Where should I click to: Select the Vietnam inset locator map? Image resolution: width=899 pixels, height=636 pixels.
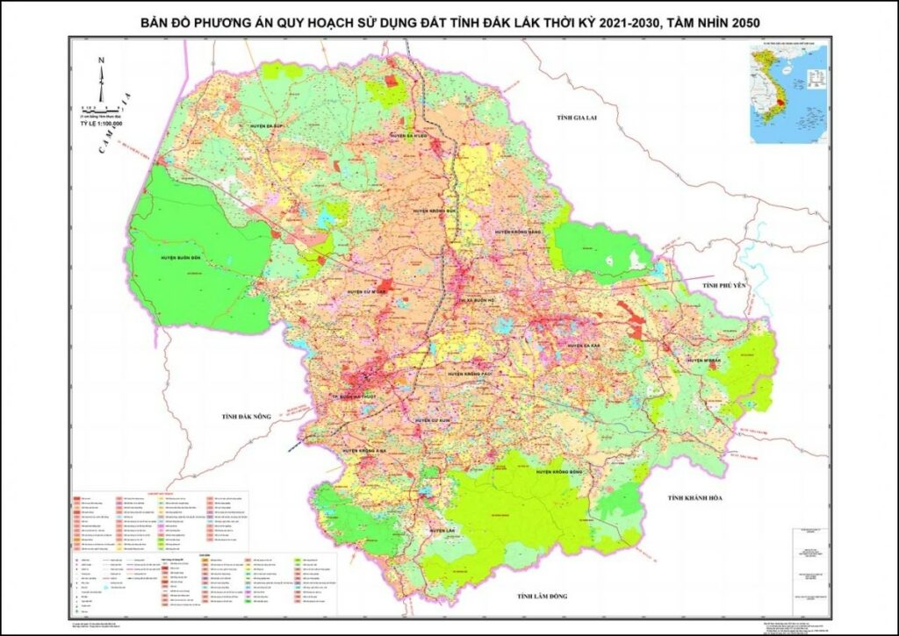coord(788,94)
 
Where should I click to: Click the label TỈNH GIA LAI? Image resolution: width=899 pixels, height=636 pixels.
coord(564,117)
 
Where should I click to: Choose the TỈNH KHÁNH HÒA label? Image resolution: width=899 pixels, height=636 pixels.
coord(694,498)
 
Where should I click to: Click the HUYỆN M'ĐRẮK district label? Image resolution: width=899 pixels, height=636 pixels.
coord(708,361)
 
